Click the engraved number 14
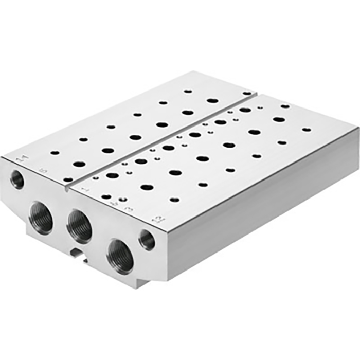(20, 160)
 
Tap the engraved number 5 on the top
(42, 170)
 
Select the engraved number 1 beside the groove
(85, 191)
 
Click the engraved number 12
(159, 221)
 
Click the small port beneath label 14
(17, 179)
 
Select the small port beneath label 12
(147, 240)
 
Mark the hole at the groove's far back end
(247, 93)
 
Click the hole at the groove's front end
(68, 179)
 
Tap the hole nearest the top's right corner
(307, 129)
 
